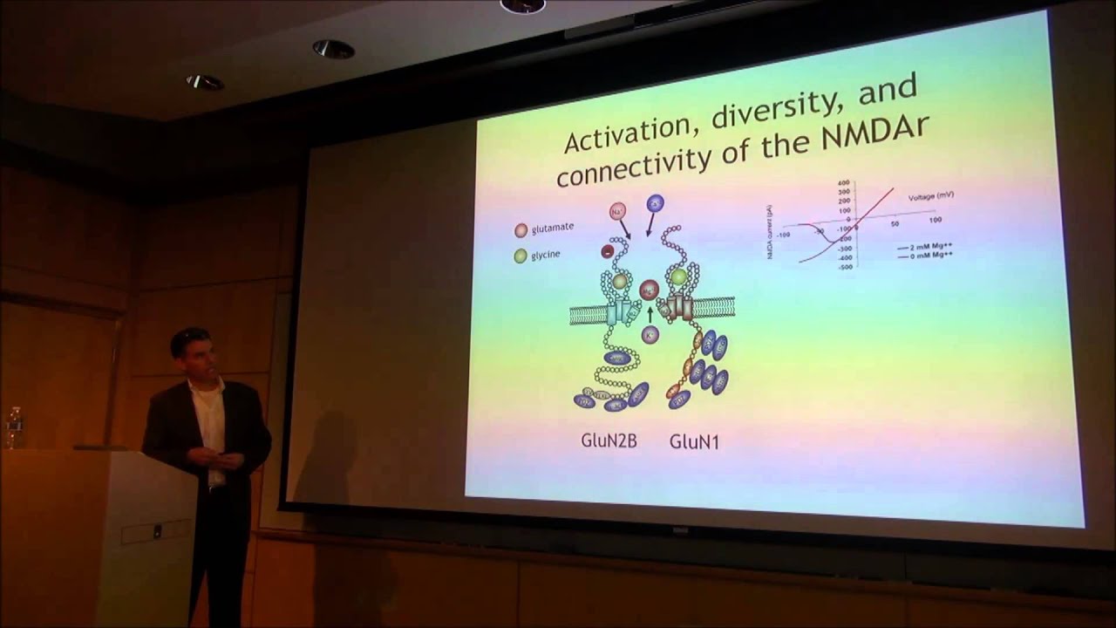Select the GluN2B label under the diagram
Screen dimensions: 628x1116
(609, 441)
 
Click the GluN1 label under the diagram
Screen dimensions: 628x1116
(694, 441)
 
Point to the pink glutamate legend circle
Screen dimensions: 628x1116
(521, 230)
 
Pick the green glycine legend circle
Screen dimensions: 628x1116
(521, 256)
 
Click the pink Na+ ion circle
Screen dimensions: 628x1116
(618, 210)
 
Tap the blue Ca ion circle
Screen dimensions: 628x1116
(655, 202)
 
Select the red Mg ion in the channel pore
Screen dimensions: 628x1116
(649, 289)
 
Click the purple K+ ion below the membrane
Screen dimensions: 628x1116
(650, 334)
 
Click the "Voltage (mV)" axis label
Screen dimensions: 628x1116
(930, 197)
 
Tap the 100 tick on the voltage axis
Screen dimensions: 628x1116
(934, 221)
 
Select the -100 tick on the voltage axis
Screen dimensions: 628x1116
(785, 235)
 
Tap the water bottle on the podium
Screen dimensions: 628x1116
(14, 427)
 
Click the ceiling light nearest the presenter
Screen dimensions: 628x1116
(204, 82)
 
